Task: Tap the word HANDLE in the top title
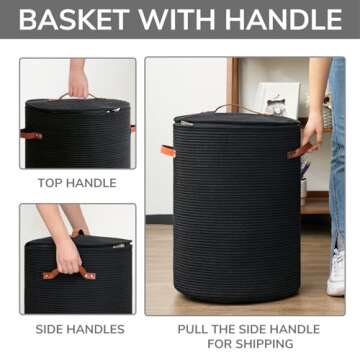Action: click(282, 19)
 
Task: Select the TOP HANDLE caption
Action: click(76, 183)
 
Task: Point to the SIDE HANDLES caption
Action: click(80, 329)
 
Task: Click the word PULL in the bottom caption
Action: click(195, 328)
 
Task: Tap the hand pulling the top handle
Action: click(78, 80)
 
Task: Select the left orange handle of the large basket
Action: click(168, 150)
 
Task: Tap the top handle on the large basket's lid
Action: click(229, 107)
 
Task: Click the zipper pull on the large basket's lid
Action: click(184, 122)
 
